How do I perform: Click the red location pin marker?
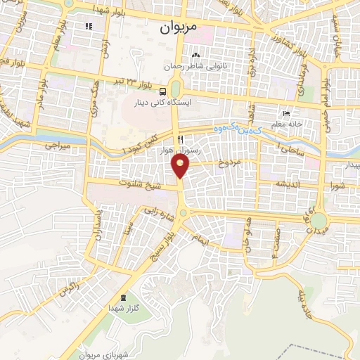pos(181,165)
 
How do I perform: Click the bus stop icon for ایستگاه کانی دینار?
pos(163,91)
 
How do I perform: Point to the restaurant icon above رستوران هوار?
pos(181,139)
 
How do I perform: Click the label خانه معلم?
pos(288,124)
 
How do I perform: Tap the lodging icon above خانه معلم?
pos(285,114)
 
